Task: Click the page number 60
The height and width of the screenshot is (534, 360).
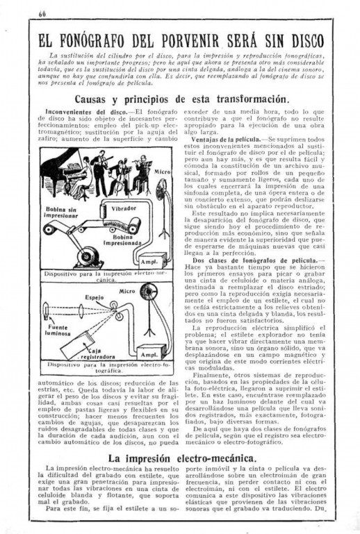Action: (x=42, y=14)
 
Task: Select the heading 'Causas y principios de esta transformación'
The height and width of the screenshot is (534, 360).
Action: (x=182, y=99)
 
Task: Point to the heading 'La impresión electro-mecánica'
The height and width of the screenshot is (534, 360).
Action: (x=182, y=458)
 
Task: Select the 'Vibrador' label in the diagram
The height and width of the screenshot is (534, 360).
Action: (x=124, y=208)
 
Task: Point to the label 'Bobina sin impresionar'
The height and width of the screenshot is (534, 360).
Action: (x=61, y=212)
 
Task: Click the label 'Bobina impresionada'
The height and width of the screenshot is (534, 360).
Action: (x=122, y=240)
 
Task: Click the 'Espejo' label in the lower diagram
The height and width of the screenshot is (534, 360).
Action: (x=94, y=297)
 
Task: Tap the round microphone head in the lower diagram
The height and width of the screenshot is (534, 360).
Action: (x=149, y=292)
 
